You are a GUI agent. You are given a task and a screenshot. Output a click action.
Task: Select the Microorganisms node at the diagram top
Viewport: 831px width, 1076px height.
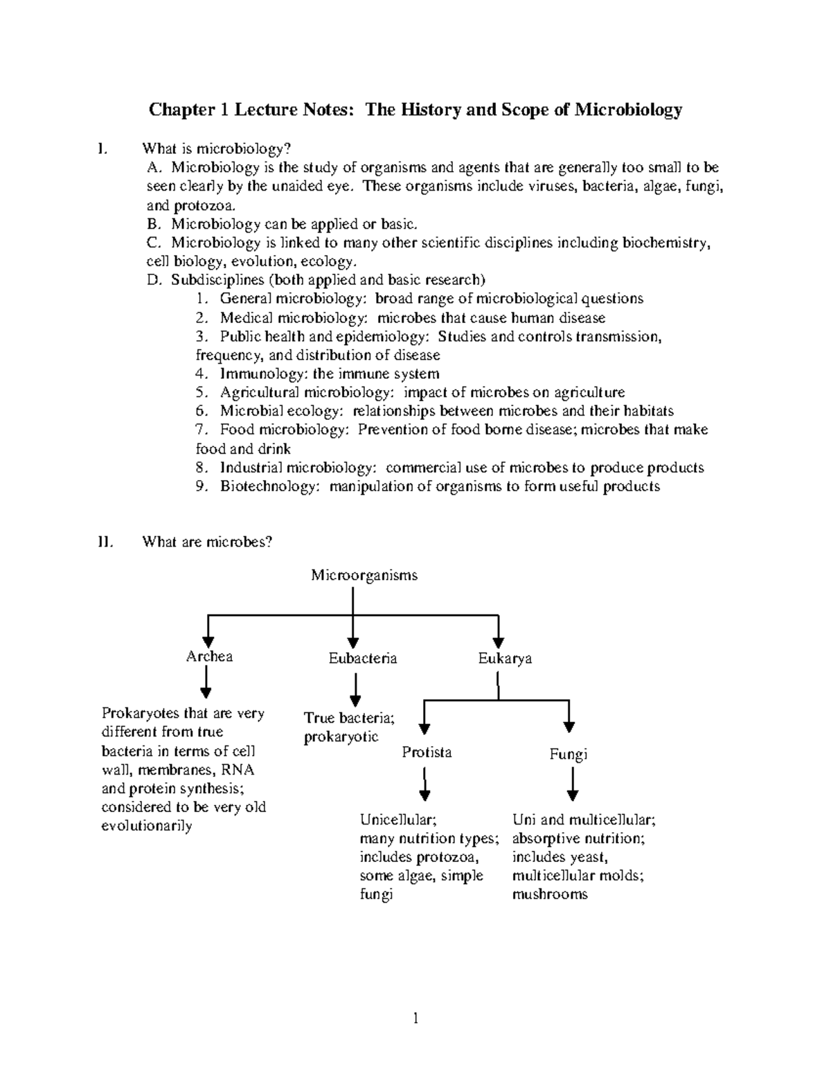click(x=364, y=575)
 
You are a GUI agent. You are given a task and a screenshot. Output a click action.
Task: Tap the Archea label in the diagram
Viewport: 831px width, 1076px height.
click(x=209, y=657)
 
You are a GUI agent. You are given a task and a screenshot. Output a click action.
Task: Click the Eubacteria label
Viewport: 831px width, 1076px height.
click(x=362, y=658)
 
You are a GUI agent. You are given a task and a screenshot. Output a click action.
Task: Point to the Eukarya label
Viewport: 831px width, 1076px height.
click(x=505, y=658)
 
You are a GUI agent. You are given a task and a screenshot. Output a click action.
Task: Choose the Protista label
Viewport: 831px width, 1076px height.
click(x=427, y=752)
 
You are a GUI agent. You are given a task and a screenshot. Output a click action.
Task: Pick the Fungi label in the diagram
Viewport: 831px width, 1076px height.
click(x=568, y=755)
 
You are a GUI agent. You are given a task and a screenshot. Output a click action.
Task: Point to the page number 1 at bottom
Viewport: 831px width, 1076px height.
click(x=415, y=1018)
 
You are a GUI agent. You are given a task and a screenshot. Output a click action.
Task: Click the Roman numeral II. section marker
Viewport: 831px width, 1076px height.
click(x=105, y=542)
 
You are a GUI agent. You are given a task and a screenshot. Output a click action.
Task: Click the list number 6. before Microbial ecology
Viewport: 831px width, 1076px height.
click(x=202, y=412)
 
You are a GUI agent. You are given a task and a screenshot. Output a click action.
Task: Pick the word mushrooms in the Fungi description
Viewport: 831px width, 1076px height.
click(x=550, y=894)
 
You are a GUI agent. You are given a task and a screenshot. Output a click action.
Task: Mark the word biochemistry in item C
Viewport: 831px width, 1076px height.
click(x=665, y=243)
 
